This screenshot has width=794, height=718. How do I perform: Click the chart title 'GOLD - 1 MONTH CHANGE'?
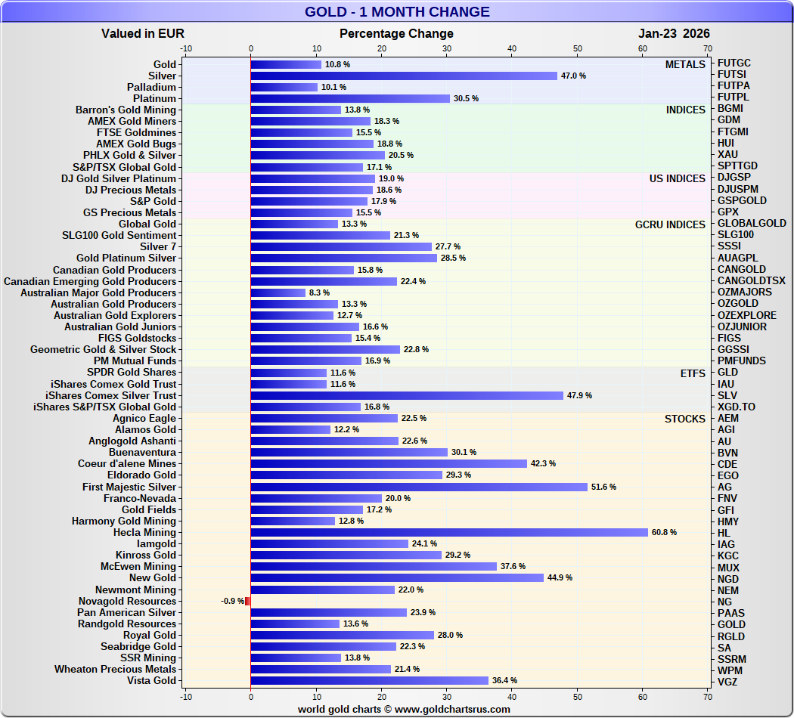point(397,12)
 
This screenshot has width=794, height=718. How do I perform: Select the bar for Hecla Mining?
point(449,532)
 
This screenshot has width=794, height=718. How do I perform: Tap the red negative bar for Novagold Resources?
point(247,601)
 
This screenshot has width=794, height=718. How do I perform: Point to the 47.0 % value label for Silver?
point(573,76)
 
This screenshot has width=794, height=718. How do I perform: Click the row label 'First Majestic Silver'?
point(129,487)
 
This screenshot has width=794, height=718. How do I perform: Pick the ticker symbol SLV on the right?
point(727,395)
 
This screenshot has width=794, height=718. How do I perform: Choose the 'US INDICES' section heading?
point(677,178)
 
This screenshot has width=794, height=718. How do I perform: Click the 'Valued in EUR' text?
point(143,33)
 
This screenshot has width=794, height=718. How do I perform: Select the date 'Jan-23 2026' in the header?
point(674,33)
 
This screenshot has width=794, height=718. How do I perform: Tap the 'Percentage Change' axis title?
point(396,33)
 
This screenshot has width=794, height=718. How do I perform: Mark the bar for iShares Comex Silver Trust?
point(407,395)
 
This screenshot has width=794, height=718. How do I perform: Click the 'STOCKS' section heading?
point(685,419)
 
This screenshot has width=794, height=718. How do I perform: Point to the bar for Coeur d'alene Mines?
point(389,463)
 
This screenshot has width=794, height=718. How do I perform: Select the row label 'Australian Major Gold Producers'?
point(98,292)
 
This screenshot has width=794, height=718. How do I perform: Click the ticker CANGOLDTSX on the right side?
point(752,281)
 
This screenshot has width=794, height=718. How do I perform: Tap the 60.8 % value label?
point(664,532)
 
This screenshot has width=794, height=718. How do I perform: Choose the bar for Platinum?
point(350,98)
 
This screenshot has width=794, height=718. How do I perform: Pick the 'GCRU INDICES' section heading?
point(670,224)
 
